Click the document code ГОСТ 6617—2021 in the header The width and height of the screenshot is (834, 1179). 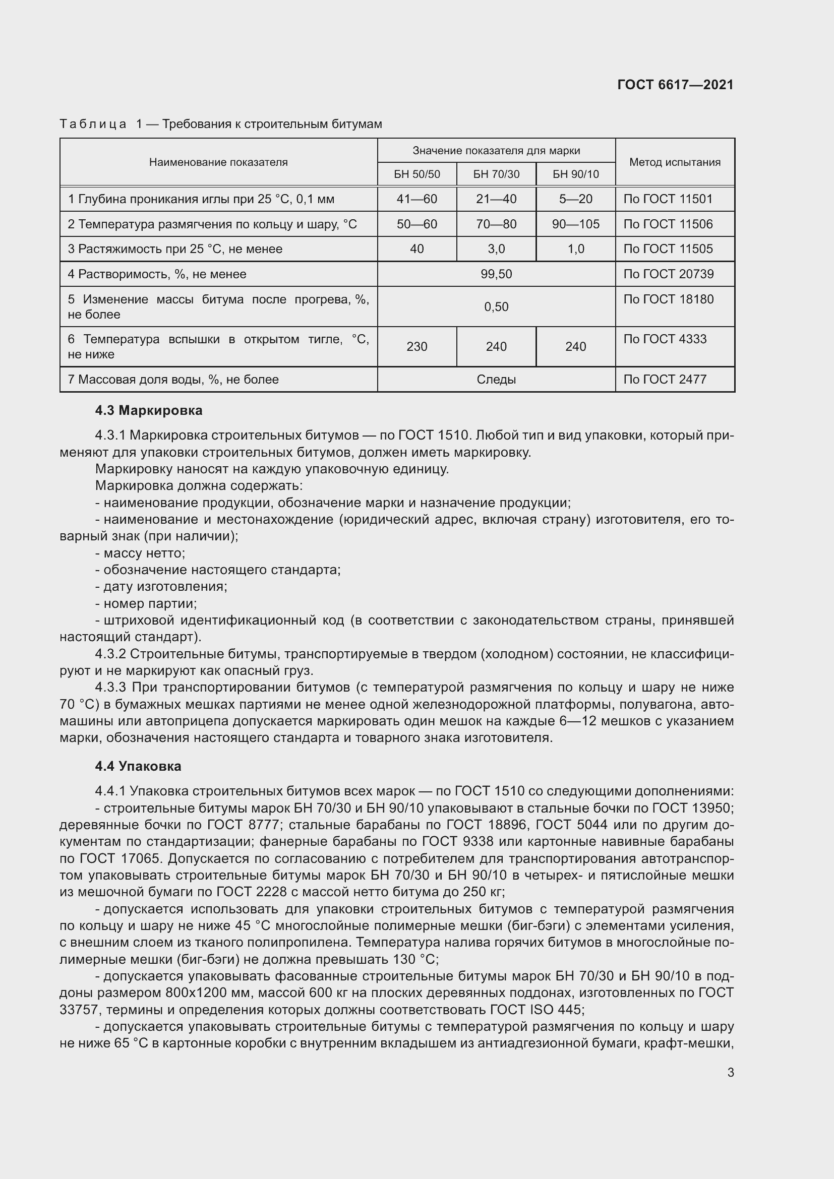tap(675, 85)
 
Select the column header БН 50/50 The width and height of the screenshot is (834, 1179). tap(416, 174)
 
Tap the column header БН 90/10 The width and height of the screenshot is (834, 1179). tap(575, 174)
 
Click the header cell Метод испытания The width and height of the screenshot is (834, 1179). tap(674, 162)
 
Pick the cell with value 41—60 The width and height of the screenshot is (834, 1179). tap(416, 199)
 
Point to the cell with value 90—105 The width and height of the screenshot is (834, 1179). tap(575, 224)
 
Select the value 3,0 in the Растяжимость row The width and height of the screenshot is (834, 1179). tap(496, 249)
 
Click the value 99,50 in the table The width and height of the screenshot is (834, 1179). tap(496, 274)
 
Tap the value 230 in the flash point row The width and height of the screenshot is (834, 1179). tap(416, 347)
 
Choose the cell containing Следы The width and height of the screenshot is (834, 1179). tap(496, 380)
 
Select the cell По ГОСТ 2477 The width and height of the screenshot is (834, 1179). tap(665, 380)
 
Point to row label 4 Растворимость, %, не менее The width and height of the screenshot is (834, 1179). tap(157, 274)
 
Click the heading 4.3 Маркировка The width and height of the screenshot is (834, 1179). tap(148, 410)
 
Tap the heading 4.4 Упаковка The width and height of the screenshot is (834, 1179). tap(138, 766)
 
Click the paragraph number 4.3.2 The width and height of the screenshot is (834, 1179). tap(110, 654)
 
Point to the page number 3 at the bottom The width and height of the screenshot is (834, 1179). tap(730, 1072)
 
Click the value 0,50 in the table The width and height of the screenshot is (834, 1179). tap(496, 307)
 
